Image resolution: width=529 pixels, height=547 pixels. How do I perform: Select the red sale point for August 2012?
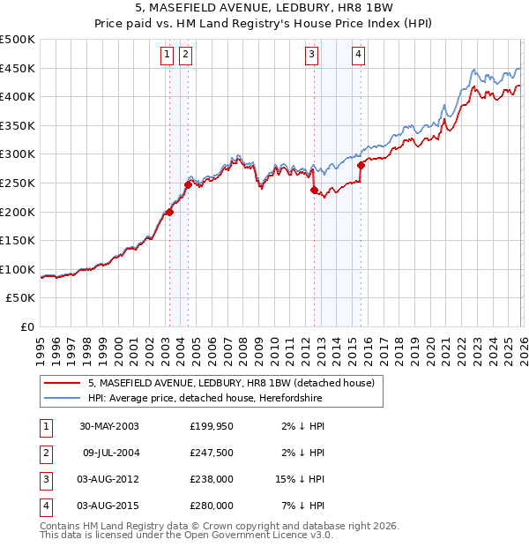pos(314,190)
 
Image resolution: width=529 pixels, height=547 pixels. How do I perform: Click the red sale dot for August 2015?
pos(361,165)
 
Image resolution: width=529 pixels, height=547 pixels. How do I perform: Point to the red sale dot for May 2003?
pos(169,212)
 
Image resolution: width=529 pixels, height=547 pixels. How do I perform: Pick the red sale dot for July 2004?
pos(188,184)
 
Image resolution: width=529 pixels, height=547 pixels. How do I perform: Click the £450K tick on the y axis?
pos(18,69)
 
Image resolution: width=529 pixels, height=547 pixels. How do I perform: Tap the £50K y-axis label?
pos(21,298)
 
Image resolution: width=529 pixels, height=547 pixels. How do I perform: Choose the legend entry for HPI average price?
pos(205,398)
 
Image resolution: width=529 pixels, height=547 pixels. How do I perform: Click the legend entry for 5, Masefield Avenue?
pos(231,383)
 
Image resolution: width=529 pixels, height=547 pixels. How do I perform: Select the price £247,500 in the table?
pos(211,453)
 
